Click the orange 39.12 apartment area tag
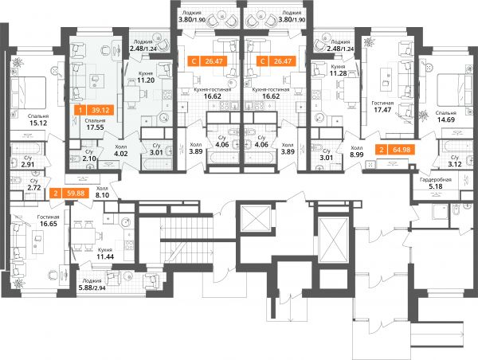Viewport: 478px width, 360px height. coord(95,110)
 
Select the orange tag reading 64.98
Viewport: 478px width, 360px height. coord(395,150)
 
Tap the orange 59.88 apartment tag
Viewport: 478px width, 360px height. coord(69,194)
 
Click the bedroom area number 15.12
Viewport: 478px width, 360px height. coord(38,123)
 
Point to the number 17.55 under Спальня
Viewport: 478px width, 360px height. coord(95,127)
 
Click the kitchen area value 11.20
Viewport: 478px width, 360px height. coord(146,80)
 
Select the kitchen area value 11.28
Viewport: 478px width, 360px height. coord(338,73)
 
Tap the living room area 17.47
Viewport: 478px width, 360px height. coord(382,110)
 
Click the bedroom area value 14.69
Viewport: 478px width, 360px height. coord(446,119)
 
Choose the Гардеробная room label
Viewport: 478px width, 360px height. coord(435,180)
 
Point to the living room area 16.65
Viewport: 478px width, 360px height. coord(48,224)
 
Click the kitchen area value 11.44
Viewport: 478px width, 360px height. coord(105,256)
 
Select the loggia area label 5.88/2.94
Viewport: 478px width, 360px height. coord(92,288)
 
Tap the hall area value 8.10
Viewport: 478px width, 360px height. coord(102,195)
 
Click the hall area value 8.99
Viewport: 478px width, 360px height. coord(357,155)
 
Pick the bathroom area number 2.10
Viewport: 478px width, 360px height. coord(89,158)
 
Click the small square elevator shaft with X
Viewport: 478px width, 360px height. coord(256,218)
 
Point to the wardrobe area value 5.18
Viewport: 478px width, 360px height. coord(436,186)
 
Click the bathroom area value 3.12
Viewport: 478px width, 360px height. coord(455,164)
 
